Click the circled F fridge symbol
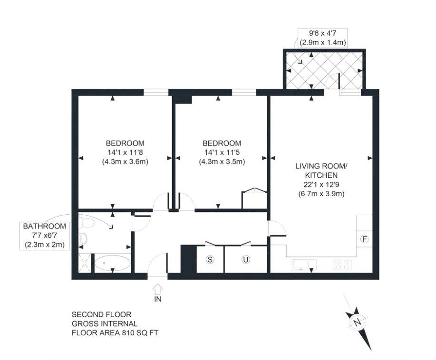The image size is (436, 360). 365,239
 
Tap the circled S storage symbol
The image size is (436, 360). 210,259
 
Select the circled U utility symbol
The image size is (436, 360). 245,259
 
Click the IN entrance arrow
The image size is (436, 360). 158,289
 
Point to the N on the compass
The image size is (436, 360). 357,322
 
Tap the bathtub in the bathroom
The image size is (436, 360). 112,263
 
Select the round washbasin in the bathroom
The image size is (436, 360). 83,238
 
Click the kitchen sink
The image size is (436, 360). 304,265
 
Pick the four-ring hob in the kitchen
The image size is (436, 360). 343,264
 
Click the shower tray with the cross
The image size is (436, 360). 85,263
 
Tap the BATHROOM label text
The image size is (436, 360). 45,226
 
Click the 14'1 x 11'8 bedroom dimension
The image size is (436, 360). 125,152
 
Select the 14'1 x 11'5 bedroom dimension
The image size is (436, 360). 222,152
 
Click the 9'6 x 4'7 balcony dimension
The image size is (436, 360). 322,33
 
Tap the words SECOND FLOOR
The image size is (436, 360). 101,314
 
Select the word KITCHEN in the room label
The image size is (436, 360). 321,175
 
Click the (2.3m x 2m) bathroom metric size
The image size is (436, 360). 45,245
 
